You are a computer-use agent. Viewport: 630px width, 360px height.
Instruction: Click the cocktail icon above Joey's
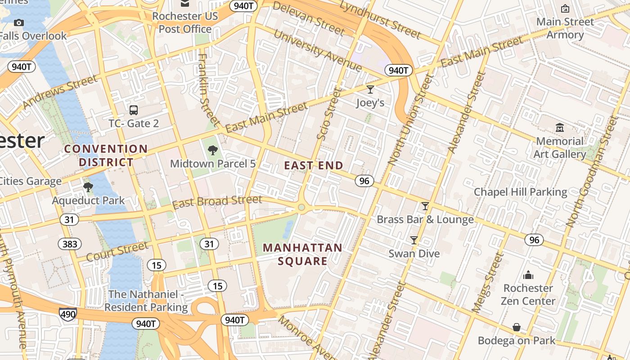coord(370,90)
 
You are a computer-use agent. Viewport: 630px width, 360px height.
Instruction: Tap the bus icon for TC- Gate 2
coord(134,110)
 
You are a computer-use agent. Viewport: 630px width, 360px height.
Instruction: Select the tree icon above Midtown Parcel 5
coord(213,150)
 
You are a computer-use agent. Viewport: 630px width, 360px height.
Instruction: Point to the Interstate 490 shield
coord(67,314)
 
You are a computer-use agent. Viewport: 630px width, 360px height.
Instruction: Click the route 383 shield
coord(70,244)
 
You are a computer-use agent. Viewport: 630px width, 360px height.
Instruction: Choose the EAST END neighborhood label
coord(313,166)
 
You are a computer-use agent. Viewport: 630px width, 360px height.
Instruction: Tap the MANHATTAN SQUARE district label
coord(302,254)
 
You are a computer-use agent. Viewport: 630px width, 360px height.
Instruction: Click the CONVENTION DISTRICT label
coord(106,155)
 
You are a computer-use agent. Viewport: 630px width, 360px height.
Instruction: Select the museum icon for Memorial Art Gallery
coord(560,128)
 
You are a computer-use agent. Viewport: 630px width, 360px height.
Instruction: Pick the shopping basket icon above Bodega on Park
coord(517,327)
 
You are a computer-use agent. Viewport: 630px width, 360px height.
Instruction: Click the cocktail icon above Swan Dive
coord(414,240)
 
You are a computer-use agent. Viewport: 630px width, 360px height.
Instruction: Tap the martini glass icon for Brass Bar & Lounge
coord(425,206)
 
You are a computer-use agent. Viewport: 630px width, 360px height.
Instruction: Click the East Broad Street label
coord(217,202)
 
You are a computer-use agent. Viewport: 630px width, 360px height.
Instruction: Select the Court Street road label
coord(117,252)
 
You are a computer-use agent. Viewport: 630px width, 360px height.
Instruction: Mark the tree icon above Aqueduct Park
coord(88,187)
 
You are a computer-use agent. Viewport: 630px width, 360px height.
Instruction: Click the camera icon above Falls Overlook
coord(19,22)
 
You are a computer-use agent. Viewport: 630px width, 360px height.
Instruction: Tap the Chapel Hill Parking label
coord(520,192)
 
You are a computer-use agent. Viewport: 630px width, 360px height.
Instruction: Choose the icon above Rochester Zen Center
coord(528,275)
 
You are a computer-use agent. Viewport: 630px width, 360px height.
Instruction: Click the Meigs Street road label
coord(487,283)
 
